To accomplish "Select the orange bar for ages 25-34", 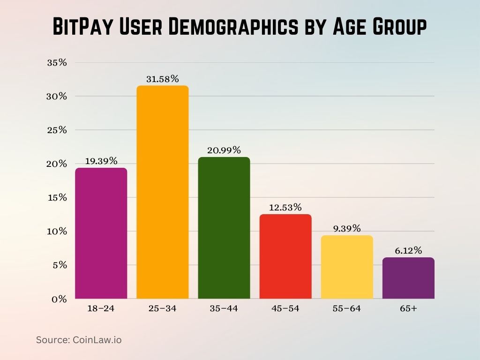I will tap(162, 192).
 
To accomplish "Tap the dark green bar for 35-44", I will tap(224, 228).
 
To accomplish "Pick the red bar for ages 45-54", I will tap(285, 256).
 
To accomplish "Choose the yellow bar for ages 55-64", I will tap(347, 267).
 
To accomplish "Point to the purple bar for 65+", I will tap(408, 278).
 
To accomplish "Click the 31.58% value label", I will tap(162, 79).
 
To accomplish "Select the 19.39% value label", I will tap(101, 161).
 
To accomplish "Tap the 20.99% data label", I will tap(224, 150).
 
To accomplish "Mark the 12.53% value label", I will tap(285, 207).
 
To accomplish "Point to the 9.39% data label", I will tap(347, 228).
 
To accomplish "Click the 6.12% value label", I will tap(408, 251).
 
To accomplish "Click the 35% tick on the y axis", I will tap(57, 63).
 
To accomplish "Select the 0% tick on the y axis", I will tap(60, 299).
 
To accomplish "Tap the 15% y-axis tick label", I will tap(57, 198).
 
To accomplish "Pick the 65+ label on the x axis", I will tap(408, 308).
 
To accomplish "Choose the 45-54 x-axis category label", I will tap(285, 308).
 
